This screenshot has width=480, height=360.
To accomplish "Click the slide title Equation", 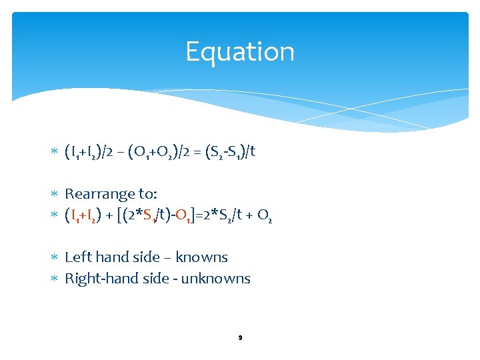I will pos(239,51).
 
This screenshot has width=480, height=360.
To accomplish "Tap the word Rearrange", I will pos(98,194).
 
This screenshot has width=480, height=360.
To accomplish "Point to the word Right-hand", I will pos(99,279).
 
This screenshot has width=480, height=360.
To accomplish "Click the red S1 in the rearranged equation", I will pos(151,215).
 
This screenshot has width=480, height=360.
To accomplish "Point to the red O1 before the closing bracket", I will pos(184,215).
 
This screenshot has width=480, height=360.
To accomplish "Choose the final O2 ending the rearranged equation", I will pos(264,215).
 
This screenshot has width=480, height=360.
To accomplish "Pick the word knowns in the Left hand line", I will pos(201,257).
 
